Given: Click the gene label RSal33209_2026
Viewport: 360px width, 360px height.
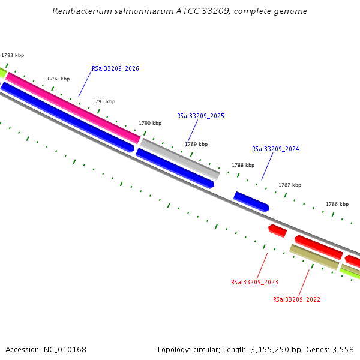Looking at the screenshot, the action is (x=115, y=68).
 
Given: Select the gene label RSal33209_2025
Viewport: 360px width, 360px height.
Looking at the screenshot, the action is (x=200, y=116).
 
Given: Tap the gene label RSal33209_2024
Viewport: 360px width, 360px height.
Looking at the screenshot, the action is (x=275, y=149).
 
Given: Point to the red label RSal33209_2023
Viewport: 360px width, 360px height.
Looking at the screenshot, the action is (x=254, y=282).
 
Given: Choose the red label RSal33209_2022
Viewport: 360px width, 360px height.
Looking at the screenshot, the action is (x=296, y=299).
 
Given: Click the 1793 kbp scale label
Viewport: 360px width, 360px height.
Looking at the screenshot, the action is (x=13, y=55).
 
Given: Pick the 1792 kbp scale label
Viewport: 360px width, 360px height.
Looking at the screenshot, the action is (x=58, y=79).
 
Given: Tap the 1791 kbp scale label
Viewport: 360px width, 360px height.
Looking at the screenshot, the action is (x=104, y=101).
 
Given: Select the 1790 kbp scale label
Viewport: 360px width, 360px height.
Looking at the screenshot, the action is (x=150, y=123).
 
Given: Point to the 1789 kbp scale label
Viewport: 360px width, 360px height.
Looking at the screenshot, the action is (x=196, y=144).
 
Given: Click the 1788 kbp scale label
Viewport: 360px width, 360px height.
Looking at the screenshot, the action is (x=243, y=165).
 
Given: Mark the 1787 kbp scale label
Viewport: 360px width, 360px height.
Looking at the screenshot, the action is (x=290, y=185).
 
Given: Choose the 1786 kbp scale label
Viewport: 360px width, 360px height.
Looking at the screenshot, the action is (x=337, y=204).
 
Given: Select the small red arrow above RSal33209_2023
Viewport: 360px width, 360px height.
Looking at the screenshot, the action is (x=277, y=230).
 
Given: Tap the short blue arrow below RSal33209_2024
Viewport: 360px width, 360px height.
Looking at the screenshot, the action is (x=251, y=201).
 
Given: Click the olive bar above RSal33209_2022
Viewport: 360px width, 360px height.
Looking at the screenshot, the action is (x=314, y=257).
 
